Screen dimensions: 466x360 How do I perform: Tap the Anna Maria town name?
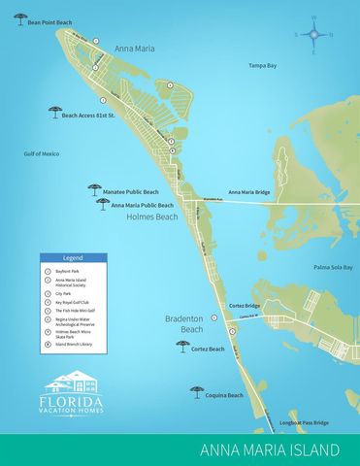[x=134, y=46]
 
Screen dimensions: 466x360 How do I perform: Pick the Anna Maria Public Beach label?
[x=143, y=205]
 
